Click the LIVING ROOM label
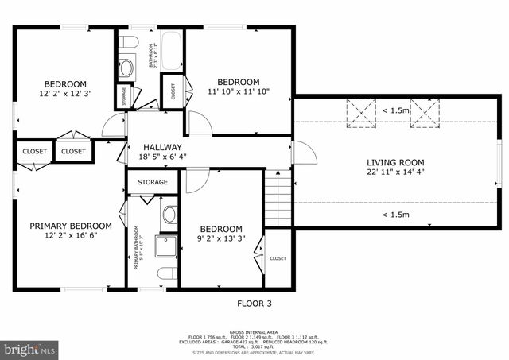394,161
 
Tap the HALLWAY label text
162,147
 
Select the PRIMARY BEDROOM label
71,226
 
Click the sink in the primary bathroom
169,214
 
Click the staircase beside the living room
278,199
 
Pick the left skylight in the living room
363,113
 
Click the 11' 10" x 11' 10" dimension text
238,91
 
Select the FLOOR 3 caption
255,303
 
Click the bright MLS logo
29,349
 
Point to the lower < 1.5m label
394,215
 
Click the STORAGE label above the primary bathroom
152,182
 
